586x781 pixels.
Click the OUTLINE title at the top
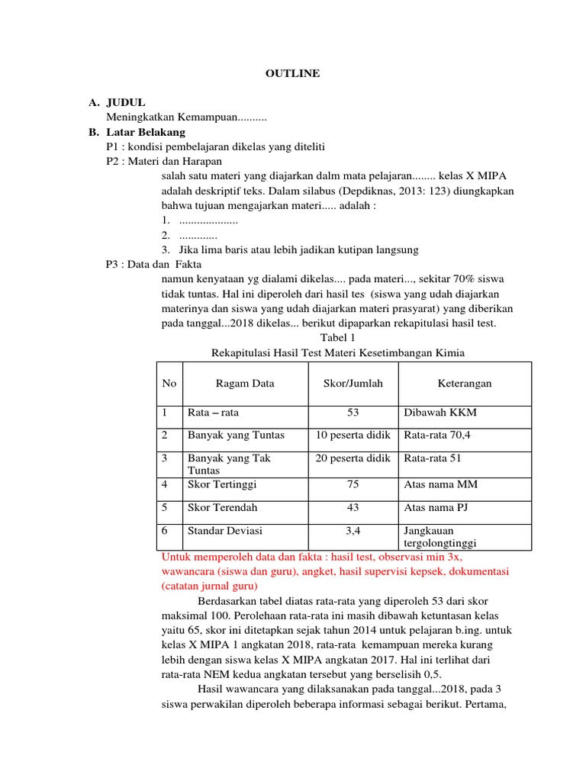292,73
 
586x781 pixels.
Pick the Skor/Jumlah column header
353,384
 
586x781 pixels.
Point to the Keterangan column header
465,384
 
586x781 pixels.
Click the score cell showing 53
353,413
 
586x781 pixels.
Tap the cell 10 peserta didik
353,435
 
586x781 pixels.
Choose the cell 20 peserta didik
353,458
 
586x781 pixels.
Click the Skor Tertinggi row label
222,484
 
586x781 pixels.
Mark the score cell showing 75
353,484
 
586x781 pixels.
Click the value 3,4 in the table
353,530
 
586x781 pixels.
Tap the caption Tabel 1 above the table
336,337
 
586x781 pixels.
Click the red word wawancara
189,571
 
